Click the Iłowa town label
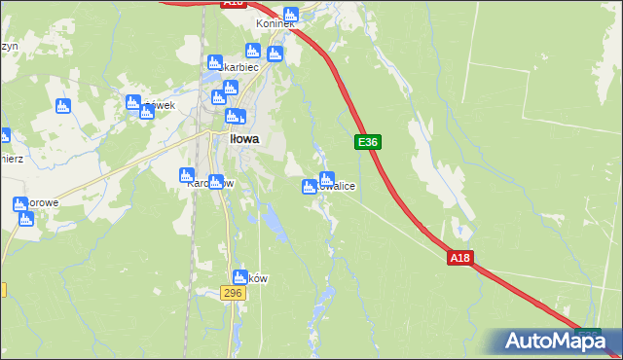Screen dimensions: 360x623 coord(244,139)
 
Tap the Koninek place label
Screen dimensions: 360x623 coord(275,23)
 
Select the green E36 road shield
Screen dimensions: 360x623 coord(367,142)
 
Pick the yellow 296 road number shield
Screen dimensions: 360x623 coord(232,293)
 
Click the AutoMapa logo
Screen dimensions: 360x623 coord(555,341)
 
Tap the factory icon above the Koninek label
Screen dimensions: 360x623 coord(289,13)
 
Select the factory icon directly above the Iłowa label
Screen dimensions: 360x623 coord(235,118)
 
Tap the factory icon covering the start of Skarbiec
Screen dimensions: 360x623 coord(214,63)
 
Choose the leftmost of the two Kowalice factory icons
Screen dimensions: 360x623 coord(310,187)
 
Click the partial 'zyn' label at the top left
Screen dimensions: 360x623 coord(9,46)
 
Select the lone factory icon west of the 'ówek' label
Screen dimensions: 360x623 coord(63,105)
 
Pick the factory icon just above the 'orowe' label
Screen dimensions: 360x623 coord(19,204)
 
